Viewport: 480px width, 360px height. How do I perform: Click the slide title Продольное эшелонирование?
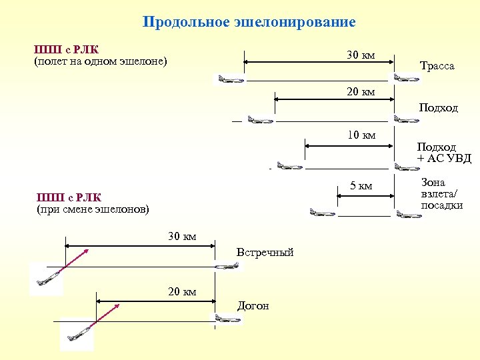(x=249, y=22)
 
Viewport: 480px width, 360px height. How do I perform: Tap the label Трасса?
(x=437, y=66)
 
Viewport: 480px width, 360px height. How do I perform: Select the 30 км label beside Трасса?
(x=361, y=55)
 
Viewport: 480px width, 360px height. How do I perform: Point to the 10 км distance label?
(x=361, y=136)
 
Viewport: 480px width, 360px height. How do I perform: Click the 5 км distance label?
(x=361, y=185)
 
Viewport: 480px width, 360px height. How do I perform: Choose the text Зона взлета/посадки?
(x=441, y=194)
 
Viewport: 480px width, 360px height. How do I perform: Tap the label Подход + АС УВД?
(x=444, y=152)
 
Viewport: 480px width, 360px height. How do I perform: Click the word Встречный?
(x=265, y=253)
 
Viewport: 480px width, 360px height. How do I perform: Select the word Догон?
(x=253, y=306)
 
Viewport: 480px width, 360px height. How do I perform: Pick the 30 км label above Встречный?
(x=182, y=237)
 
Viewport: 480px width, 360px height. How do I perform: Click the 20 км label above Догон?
(x=182, y=291)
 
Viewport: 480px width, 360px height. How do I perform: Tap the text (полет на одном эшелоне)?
(x=100, y=62)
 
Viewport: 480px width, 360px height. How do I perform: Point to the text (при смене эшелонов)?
(x=92, y=209)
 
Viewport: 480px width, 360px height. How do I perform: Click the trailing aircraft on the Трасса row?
(x=230, y=79)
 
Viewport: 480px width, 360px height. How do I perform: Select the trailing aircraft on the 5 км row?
(x=322, y=213)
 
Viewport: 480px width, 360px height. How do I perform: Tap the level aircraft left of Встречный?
(x=226, y=265)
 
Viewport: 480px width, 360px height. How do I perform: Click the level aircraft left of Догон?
(x=227, y=319)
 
